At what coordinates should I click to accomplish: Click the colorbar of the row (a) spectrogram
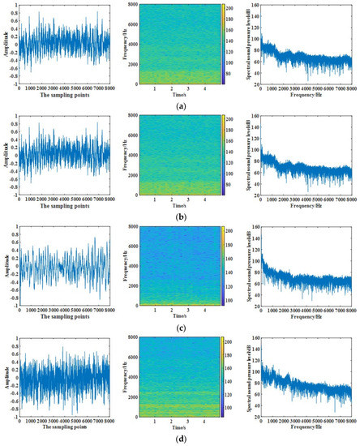(221, 44)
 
